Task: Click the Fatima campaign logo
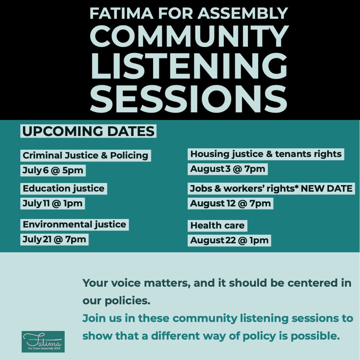(43, 342)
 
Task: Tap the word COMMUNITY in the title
(189, 36)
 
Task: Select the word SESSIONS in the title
(189, 99)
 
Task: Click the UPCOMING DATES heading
(88, 131)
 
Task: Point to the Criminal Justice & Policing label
(86, 155)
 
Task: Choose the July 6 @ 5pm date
(53, 170)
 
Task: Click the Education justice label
(64, 188)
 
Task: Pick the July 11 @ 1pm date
(53, 203)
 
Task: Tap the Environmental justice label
(75, 225)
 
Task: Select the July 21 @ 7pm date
(54, 239)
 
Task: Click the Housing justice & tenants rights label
(266, 154)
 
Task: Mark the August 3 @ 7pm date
(228, 169)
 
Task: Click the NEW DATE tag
(327, 188)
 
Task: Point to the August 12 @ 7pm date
(231, 203)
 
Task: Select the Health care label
(217, 225)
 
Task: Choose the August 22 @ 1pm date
(229, 240)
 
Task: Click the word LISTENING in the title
(189, 66)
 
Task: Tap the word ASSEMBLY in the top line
(243, 13)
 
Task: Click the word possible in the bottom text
(315, 336)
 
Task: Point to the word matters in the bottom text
(167, 283)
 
